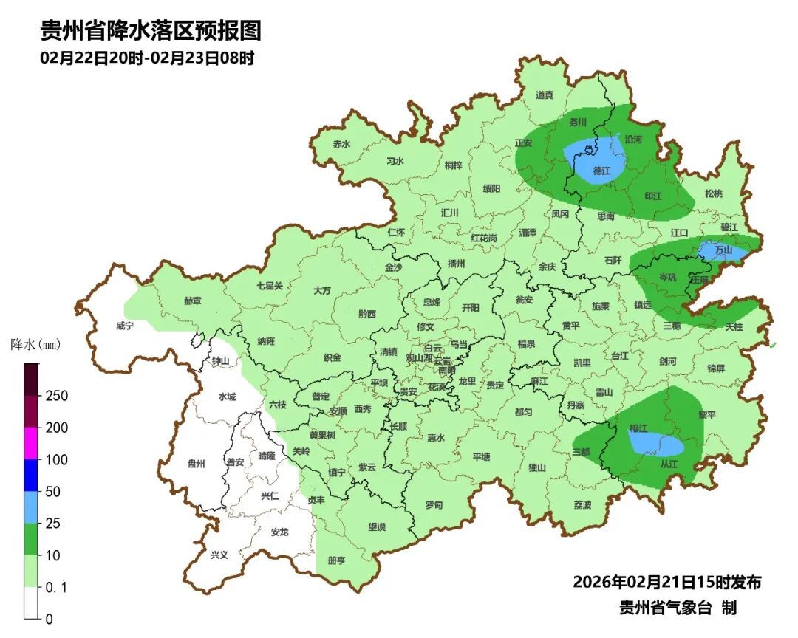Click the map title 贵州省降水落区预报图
(151, 31)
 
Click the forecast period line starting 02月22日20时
(147, 58)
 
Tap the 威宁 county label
(125, 326)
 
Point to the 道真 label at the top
(545, 95)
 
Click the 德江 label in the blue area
(602, 171)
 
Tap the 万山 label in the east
(723, 251)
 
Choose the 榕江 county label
(638, 428)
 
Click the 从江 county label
(668, 464)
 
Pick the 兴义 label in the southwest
(219, 555)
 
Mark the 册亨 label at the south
(336, 560)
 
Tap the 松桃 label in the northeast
(713, 193)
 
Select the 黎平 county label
(707, 415)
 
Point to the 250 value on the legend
(56, 396)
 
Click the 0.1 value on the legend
(56, 587)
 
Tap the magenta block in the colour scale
(31, 443)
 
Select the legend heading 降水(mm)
(35, 344)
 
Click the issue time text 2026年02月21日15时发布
(666, 582)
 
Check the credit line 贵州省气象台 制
(678, 608)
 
